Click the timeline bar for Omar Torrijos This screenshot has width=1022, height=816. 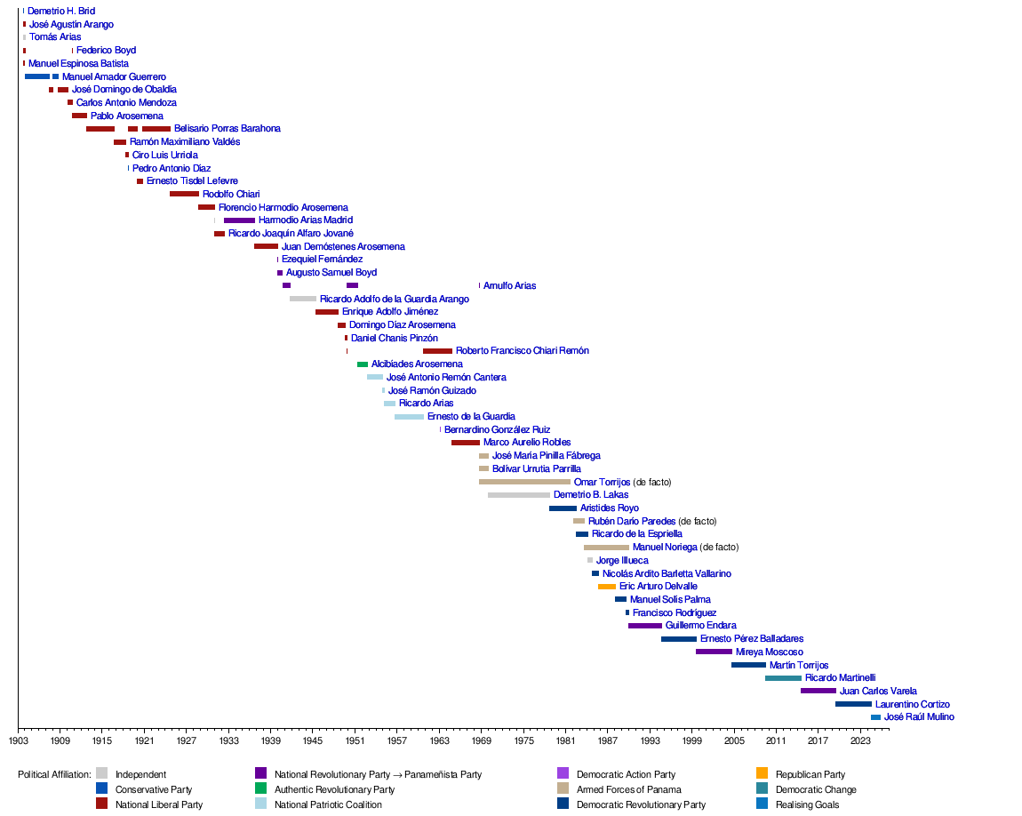pos(524,482)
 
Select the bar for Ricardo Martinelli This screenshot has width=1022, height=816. pos(783,678)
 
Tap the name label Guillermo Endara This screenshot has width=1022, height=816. pos(700,626)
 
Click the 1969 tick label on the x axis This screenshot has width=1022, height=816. pos(482,740)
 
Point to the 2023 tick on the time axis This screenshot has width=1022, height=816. pos(860,740)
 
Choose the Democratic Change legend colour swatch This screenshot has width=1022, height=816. pos(762,789)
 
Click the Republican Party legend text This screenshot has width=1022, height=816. pos(810,774)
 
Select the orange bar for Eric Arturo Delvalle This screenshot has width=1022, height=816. pos(607,587)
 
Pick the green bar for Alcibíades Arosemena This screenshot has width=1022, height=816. pos(363,364)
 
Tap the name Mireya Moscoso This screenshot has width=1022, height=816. pos(769,652)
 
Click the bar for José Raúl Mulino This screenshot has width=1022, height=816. pos(875,717)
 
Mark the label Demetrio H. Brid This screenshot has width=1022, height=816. pos(61,11)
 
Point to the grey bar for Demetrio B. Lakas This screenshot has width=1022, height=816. pos(519,495)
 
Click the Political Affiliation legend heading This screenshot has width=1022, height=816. pos(54,774)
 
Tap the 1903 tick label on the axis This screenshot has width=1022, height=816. pos(19,740)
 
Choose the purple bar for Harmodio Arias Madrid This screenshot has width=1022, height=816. pos(239,220)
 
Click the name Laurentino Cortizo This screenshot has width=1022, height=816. pos(912,704)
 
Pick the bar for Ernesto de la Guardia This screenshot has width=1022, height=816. pos(409,417)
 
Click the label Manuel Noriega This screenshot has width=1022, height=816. pos(665,548)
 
